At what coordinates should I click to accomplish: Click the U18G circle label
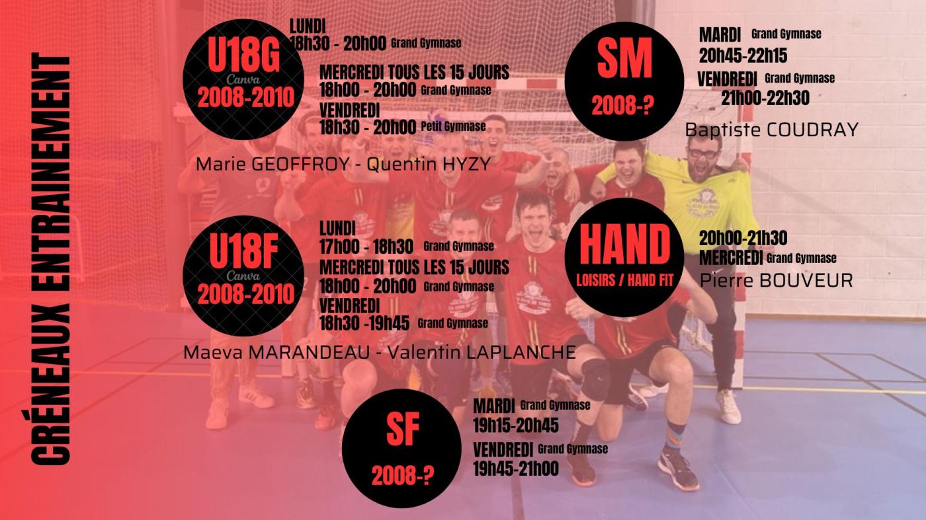coord(244,56)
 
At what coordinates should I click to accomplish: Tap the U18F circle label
coord(243,251)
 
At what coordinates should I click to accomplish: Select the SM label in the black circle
coord(624,59)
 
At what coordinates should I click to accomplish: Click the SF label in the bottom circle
coord(403,429)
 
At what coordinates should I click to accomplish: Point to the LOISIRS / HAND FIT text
coord(624,281)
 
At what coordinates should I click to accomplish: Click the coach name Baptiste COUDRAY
coord(771,130)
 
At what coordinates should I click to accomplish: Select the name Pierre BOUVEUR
coord(776,280)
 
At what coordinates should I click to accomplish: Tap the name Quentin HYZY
coord(429,165)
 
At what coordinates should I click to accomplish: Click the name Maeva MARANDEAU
coord(276,352)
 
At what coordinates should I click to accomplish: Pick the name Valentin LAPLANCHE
coord(482,352)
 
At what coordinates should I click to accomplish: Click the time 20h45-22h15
coord(743,56)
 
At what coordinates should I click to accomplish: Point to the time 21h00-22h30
coord(765,98)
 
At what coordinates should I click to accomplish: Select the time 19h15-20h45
coord(516,426)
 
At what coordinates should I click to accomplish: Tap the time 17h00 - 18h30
coord(366,246)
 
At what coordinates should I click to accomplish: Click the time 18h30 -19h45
coord(364,323)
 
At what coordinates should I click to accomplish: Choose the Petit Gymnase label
coord(453,126)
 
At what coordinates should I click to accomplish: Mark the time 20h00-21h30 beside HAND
coord(743,239)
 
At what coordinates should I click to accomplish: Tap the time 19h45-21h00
coord(516,468)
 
